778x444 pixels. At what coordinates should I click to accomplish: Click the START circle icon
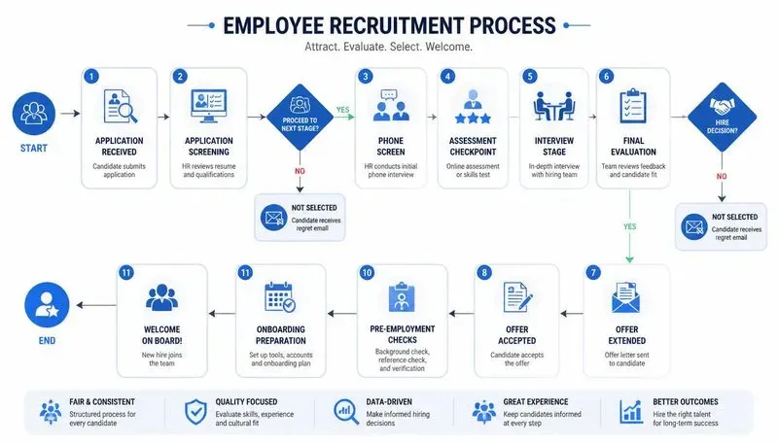tap(34, 114)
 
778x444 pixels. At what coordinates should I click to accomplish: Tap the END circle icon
tap(47, 305)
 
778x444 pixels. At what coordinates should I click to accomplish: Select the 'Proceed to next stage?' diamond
tap(300, 117)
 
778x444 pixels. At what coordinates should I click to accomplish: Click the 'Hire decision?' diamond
tap(722, 117)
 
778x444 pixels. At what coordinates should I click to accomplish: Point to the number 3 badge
tap(366, 77)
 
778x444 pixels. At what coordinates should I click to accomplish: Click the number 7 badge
tap(593, 273)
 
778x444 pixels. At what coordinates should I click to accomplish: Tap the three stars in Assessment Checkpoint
tap(473, 118)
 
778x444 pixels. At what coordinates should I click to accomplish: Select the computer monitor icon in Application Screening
tap(209, 106)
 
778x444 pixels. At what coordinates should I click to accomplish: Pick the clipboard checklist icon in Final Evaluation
tap(633, 106)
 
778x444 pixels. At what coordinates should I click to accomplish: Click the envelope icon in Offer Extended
tap(625, 297)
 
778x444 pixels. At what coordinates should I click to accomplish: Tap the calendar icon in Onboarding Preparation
tap(280, 297)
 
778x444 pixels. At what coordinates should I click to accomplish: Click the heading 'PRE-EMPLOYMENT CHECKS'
tap(403, 334)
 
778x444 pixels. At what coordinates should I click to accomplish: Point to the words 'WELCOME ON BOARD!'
tap(161, 335)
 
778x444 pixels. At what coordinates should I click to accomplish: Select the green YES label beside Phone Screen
tap(342, 110)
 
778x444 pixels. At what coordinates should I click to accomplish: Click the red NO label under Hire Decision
tap(722, 176)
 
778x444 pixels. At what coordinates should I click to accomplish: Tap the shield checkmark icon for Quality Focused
tap(195, 412)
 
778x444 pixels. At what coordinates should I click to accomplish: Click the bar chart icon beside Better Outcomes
tap(630, 412)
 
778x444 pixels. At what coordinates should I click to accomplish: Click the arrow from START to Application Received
tap(70, 114)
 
